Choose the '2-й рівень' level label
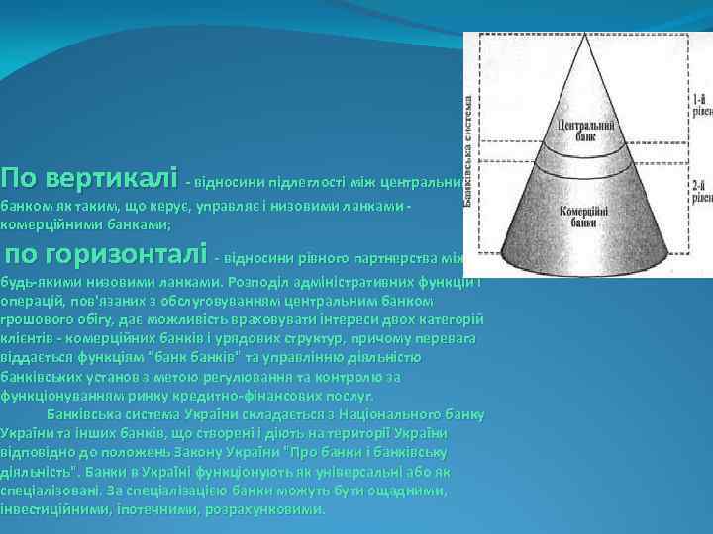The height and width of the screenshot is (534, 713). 701,191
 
